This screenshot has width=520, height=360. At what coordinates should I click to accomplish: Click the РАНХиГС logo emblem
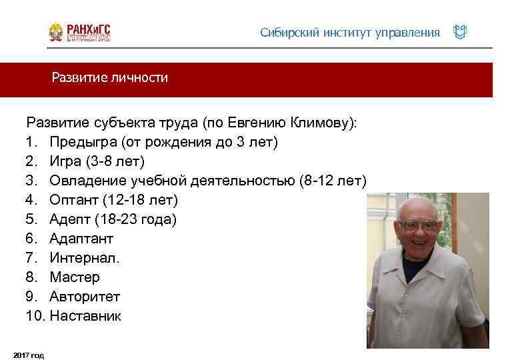57,33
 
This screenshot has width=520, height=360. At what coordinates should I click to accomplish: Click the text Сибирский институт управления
350,33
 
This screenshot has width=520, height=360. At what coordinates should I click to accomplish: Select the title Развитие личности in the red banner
110,78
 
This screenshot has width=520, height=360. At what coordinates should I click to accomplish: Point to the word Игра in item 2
65,161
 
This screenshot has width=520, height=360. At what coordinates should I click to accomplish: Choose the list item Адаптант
81,239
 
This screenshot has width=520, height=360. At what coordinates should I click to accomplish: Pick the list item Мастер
74,277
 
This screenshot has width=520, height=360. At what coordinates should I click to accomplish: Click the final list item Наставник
85,316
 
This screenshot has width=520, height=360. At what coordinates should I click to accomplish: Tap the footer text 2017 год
29,355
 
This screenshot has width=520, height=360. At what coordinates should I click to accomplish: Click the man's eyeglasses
418,225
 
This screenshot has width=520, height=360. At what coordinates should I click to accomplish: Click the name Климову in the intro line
323,123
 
